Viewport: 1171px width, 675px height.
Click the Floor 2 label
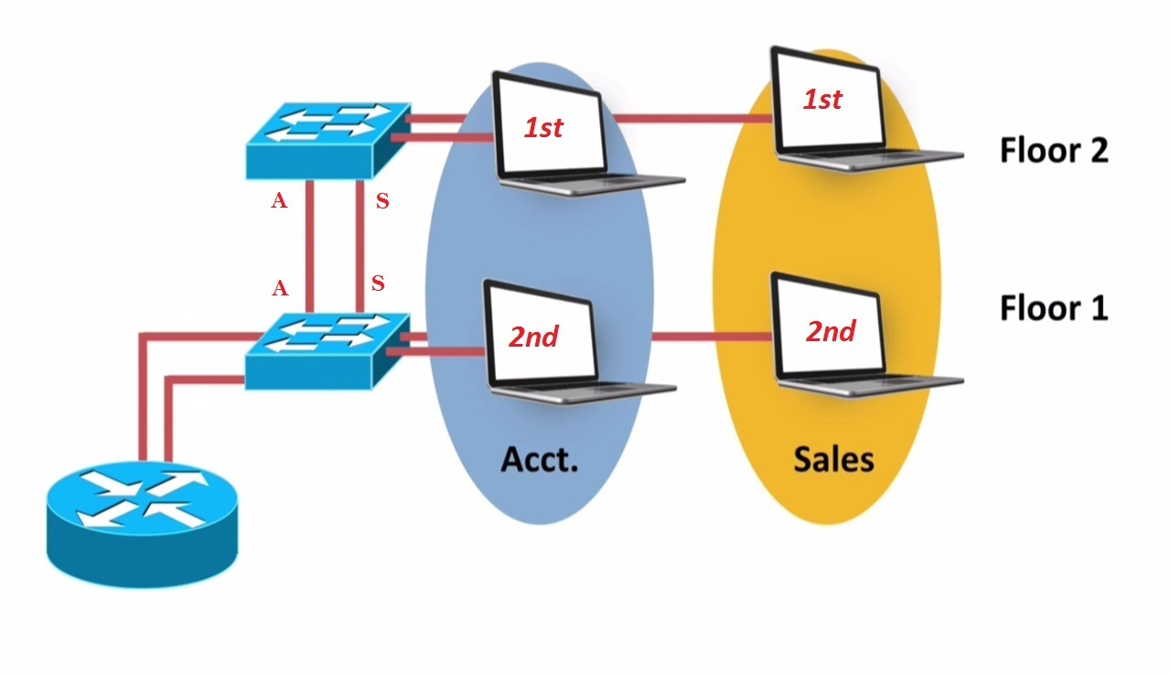click(1053, 149)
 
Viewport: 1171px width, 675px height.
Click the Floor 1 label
click(1053, 308)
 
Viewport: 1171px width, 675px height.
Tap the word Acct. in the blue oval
click(540, 457)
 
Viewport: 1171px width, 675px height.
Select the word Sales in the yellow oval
click(833, 457)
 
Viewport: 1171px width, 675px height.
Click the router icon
click(142, 521)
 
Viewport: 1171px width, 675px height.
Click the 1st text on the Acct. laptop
click(543, 128)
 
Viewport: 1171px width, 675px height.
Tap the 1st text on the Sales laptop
click(822, 99)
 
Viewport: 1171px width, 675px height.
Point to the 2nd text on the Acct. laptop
click(533, 337)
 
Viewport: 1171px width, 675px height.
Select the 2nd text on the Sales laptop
click(831, 330)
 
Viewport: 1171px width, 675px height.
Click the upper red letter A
click(279, 202)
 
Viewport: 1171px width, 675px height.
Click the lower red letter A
click(280, 289)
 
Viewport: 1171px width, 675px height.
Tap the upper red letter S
click(382, 202)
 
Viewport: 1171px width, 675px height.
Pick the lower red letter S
click(377, 284)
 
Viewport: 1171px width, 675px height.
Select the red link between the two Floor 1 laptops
click(711, 337)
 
